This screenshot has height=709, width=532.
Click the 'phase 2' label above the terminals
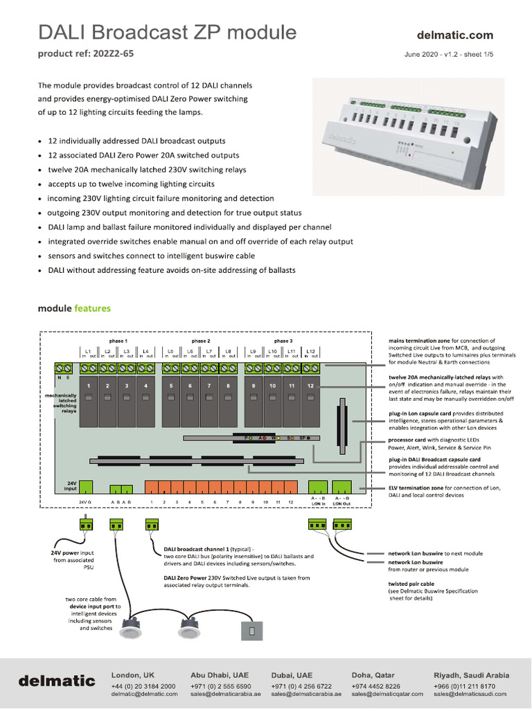(x=201, y=341)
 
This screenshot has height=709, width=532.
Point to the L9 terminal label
(x=254, y=352)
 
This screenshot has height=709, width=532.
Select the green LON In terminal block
(x=318, y=486)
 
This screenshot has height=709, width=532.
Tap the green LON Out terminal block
(x=342, y=486)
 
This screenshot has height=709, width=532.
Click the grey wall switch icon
(x=251, y=631)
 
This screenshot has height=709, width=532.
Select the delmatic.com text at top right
(x=455, y=35)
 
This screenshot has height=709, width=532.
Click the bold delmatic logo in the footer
(x=57, y=681)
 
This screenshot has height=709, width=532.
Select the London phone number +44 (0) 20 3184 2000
(x=143, y=685)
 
